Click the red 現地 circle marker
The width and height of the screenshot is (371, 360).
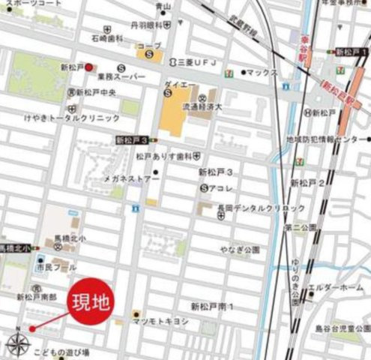(90, 304)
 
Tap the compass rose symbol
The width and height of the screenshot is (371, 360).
(17, 343)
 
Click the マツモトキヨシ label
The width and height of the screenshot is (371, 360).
(160, 320)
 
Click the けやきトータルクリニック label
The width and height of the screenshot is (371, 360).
(71, 118)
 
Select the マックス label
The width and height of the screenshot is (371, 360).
(262, 73)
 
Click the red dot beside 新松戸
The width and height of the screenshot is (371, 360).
(88, 67)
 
